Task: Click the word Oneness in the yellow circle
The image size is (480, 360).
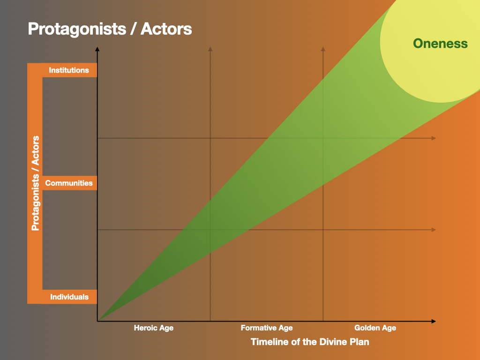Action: pyautogui.click(x=440, y=44)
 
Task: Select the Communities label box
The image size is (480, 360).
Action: pyautogui.click(x=69, y=183)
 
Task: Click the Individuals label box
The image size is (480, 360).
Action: pyautogui.click(x=69, y=297)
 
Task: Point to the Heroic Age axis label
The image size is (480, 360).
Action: pyautogui.click(x=154, y=328)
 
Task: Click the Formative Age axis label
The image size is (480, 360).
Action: pyautogui.click(x=267, y=328)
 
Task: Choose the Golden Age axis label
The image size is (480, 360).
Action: pyautogui.click(x=375, y=328)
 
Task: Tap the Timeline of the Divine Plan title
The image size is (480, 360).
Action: pyautogui.click(x=310, y=342)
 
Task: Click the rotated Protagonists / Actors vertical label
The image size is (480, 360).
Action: pyautogui.click(x=35, y=183)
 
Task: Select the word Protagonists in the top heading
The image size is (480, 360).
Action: pyautogui.click(x=77, y=29)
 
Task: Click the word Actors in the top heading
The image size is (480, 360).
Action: pyautogui.click(x=166, y=29)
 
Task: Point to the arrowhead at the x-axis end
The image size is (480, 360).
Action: pyautogui.click(x=434, y=321)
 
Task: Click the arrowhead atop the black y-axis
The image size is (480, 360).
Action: pyautogui.click(x=97, y=49)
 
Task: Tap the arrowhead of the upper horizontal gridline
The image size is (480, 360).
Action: pyautogui.click(x=434, y=138)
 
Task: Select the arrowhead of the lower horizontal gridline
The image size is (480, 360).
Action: pyautogui.click(x=434, y=230)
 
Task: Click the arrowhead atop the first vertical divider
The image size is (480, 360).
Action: pyautogui.click(x=210, y=49)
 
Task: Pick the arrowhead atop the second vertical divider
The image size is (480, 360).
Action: pyautogui.click(x=323, y=49)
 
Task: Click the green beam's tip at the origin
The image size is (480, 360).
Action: pyautogui.click(x=98, y=321)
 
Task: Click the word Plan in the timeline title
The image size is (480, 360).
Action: pyautogui.click(x=359, y=342)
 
